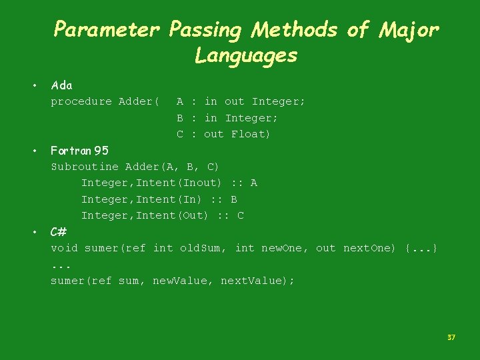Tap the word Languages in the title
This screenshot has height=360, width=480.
246,55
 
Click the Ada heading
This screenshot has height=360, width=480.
62,85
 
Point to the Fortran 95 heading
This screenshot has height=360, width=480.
80,150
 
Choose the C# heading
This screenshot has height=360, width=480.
59,232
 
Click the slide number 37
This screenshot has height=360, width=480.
451,337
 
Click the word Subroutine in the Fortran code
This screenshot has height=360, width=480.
85,167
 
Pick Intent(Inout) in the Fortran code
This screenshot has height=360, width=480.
179,183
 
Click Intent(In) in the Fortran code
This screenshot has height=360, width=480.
169,199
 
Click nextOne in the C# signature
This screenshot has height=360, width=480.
369,248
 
